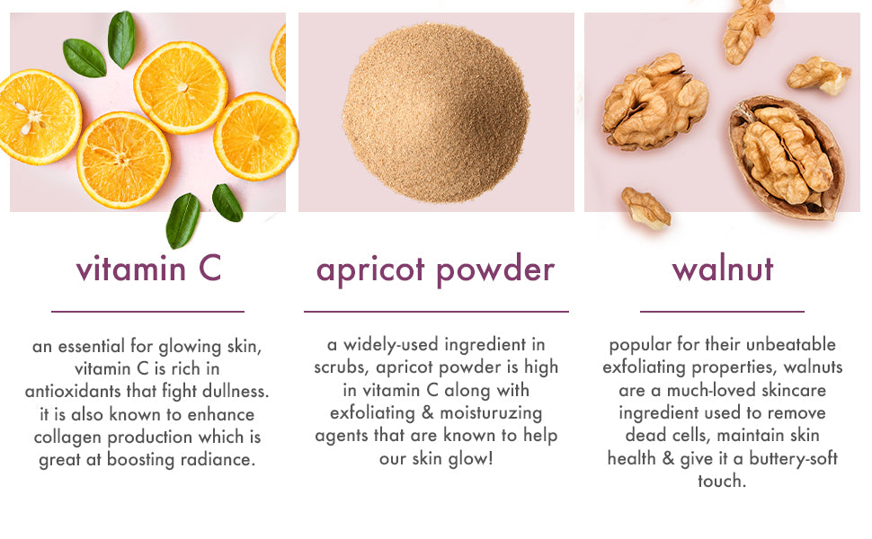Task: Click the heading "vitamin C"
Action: tap(148, 269)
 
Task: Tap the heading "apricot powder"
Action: tap(435, 270)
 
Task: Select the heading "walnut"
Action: tap(723, 269)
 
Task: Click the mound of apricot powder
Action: tap(436, 113)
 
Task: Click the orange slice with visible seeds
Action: tap(39, 117)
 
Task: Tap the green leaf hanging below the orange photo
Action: tap(182, 220)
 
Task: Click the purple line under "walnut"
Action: tap(722, 312)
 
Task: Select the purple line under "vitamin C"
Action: tap(148, 312)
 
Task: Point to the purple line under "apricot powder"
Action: tap(436, 312)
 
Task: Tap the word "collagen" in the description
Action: tap(67, 437)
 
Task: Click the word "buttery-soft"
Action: tap(793, 459)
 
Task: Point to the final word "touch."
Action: tap(722, 482)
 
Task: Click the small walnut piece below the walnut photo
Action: tap(645, 208)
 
